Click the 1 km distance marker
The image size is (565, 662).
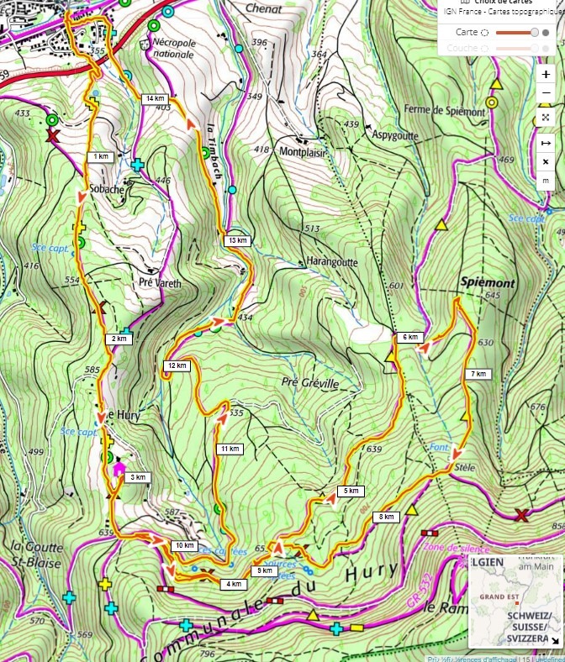pos(101,157)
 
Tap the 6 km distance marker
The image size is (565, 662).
pos(409,338)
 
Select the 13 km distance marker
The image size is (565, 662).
pos(238,241)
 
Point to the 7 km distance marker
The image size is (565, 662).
pos(479,374)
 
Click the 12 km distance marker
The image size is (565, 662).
pos(177,365)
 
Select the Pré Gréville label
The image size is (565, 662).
pos(310,384)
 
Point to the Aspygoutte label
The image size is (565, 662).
pos(393,134)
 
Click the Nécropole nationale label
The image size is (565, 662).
pos(172,49)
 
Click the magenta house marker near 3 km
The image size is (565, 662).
pos(119,468)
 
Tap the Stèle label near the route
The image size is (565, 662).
pos(466,466)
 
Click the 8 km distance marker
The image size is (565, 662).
pos(387,517)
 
